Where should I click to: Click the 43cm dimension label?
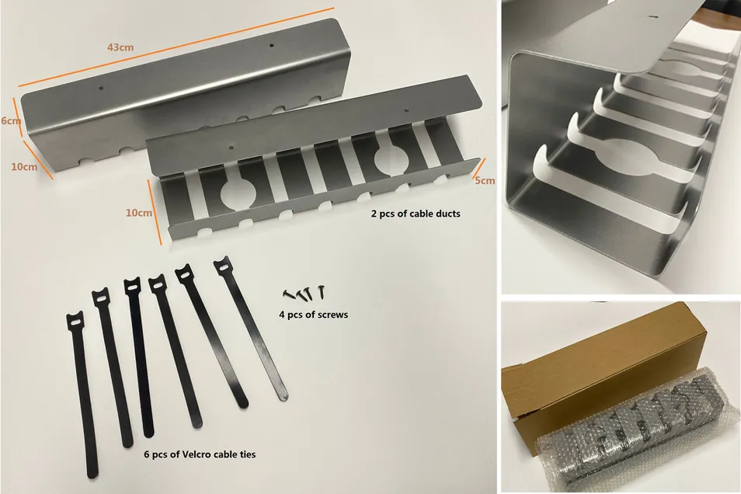tap(120, 47)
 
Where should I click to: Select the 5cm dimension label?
tap(484, 181)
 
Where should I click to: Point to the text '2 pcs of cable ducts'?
tap(416, 212)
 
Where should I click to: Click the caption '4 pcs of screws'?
tap(313, 315)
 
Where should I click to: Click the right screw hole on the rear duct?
tap(271, 46)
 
